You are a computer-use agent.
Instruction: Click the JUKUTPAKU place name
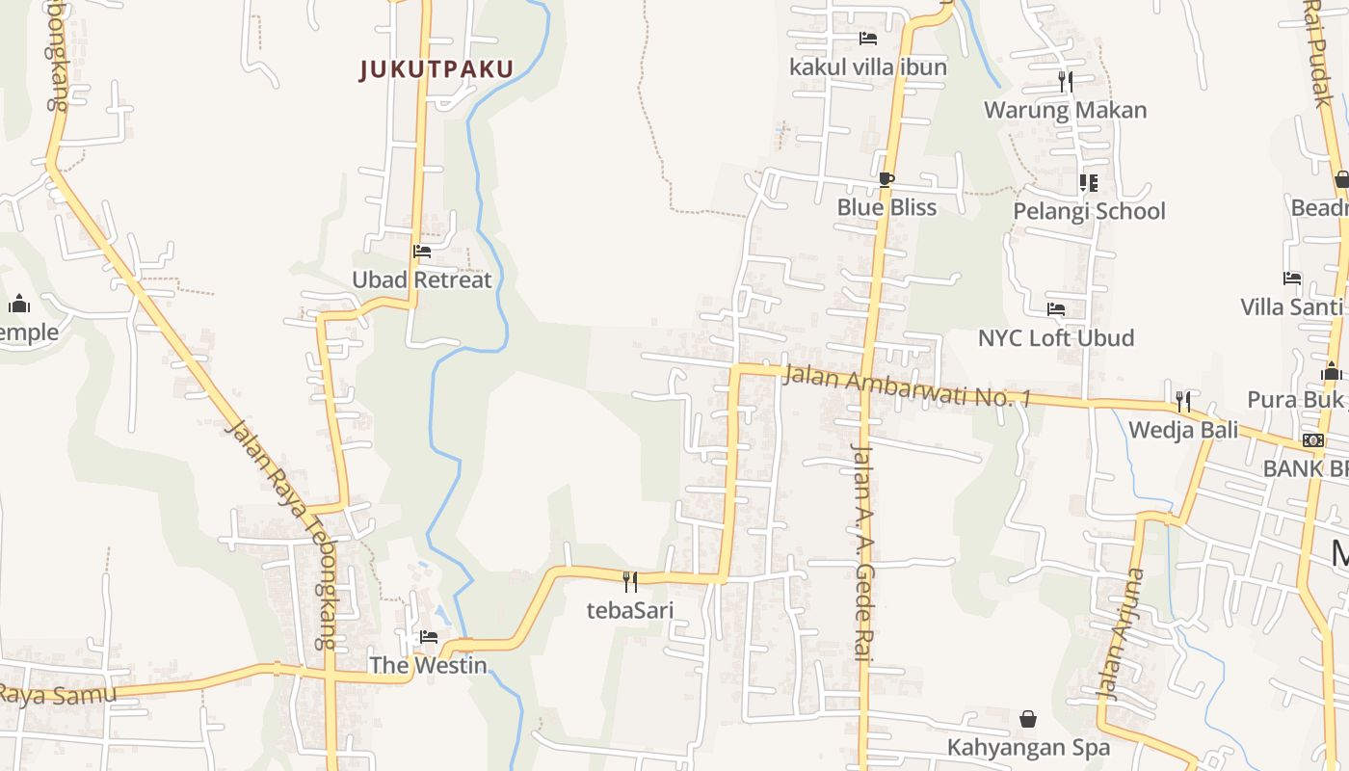[436, 69]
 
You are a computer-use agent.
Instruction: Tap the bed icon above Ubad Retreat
[422, 253]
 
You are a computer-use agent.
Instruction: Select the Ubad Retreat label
[421, 280]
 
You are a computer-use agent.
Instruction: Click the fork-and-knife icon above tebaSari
[630, 581]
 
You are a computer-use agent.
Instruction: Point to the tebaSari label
[630, 610]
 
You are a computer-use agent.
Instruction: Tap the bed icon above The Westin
[429, 637]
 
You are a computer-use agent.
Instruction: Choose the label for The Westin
[428, 665]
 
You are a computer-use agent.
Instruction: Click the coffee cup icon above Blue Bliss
[886, 179]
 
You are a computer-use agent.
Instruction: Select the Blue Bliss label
[886, 207]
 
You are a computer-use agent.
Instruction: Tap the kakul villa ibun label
[868, 67]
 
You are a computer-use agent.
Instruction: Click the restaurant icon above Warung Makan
[1066, 82]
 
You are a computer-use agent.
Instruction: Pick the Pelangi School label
[1089, 211]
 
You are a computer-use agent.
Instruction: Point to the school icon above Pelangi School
[1089, 183]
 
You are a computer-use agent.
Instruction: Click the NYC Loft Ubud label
[1056, 338]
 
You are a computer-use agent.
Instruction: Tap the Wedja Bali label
[1183, 430]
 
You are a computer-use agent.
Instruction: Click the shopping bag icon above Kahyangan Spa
[1028, 719]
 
